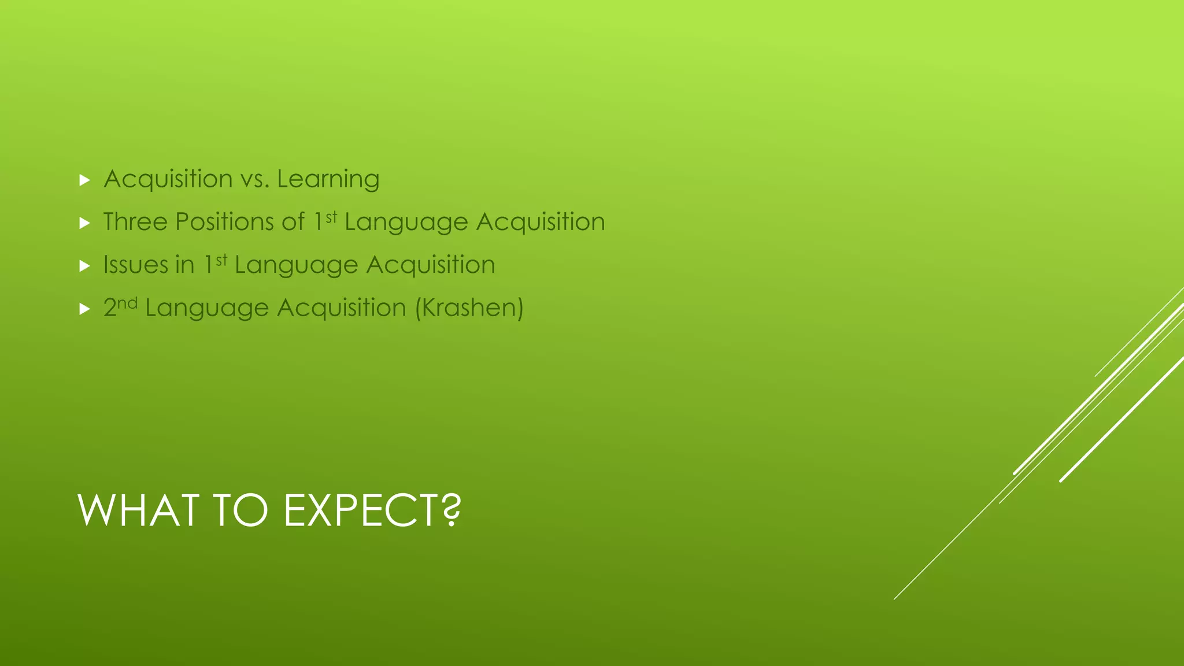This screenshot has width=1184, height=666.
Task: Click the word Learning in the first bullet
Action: click(328, 179)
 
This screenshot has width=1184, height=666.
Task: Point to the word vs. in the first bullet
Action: click(254, 179)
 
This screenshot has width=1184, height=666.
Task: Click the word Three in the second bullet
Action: click(135, 222)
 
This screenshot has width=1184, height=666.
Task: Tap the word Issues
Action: click(135, 265)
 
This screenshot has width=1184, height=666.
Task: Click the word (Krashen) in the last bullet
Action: click(469, 308)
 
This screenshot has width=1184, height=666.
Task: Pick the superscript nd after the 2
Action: click(127, 302)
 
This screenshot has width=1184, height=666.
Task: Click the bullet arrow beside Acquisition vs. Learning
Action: click(84, 180)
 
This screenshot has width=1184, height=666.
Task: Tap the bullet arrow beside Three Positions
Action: click(84, 223)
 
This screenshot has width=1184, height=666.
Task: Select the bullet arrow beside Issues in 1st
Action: click(84, 266)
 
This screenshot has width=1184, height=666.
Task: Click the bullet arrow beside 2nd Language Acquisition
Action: click(84, 309)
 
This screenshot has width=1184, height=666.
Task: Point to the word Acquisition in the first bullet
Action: click(168, 179)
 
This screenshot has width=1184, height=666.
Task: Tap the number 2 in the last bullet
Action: click(110, 308)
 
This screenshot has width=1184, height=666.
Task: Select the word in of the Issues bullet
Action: click(184, 265)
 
